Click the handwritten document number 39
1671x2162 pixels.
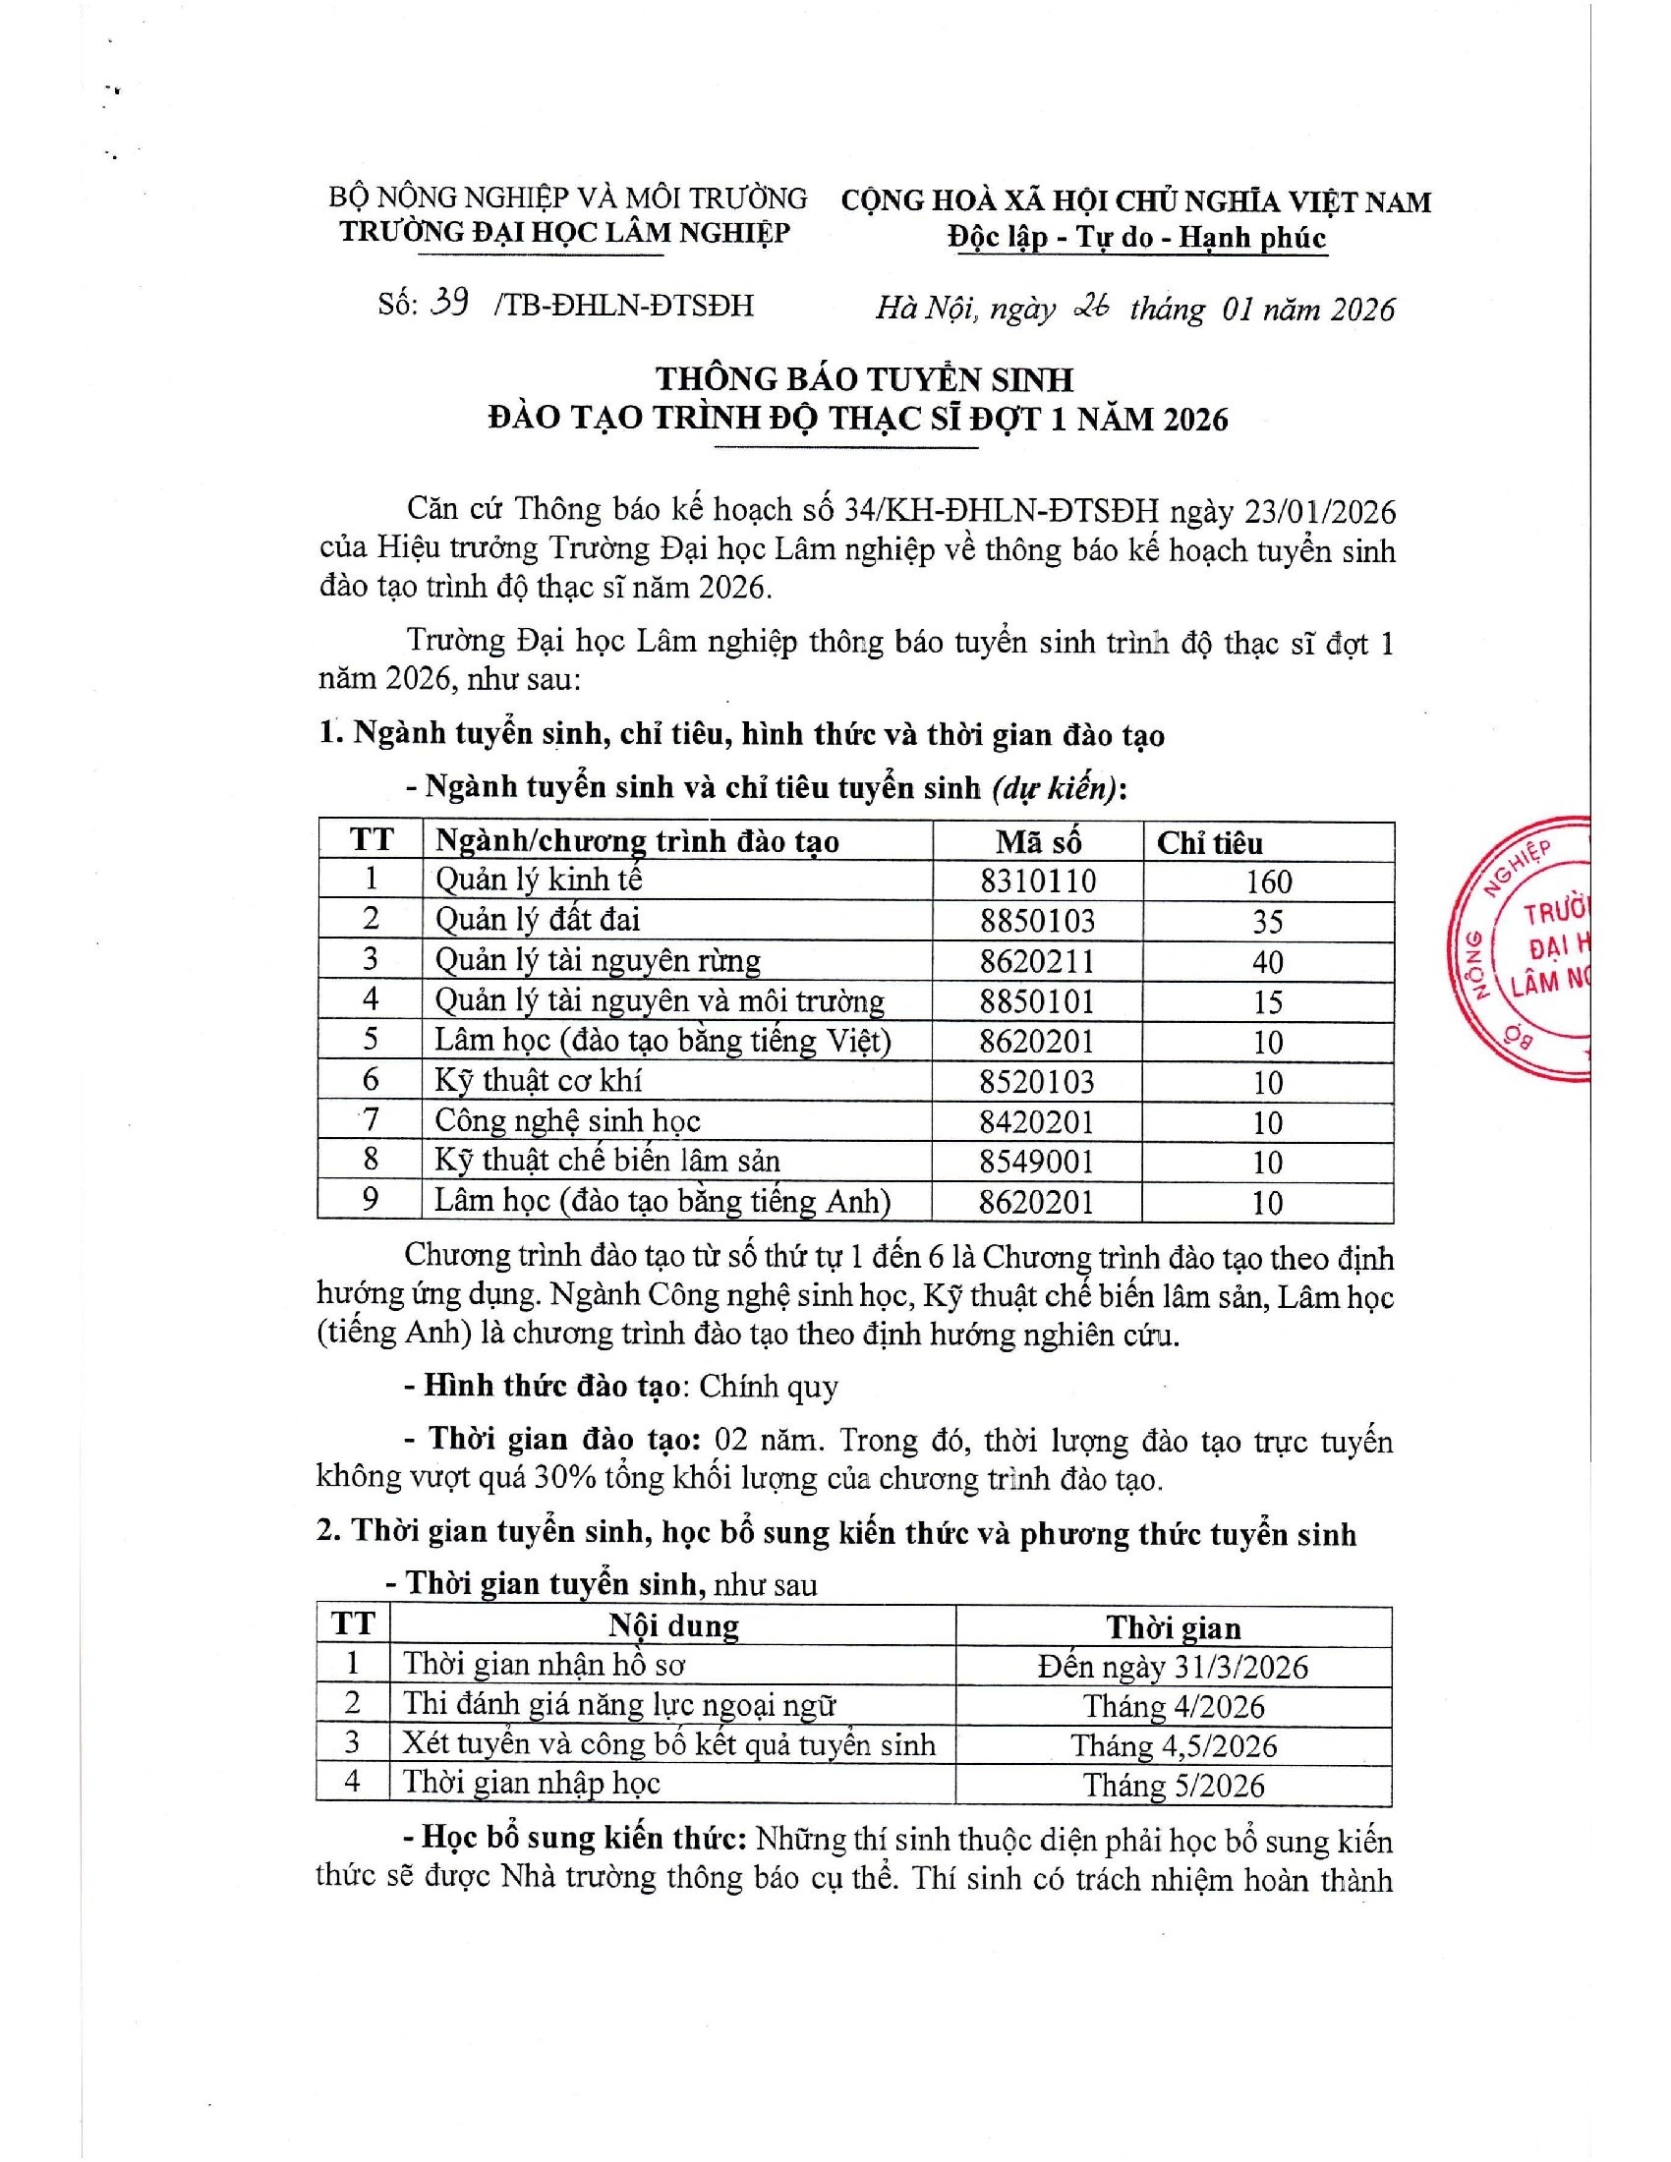pos(450,303)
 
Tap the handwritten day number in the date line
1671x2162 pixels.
pos(1088,308)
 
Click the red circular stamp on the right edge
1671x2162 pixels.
pos(1525,948)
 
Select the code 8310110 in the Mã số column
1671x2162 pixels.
pos(1037,882)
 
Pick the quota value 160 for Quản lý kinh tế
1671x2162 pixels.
pos(1268,882)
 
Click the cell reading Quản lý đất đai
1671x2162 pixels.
pos(538,920)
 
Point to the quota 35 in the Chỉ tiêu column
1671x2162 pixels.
pos(1268,922)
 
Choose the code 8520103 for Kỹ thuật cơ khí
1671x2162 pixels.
pos(1037,1081)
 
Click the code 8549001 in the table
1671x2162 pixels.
pos(1037,1162)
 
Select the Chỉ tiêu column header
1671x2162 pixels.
pos(1210,842)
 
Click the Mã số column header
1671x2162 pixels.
pos(1037,841)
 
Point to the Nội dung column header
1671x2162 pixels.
pos(673,1626)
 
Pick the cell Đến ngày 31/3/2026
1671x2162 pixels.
pos(1173,1667)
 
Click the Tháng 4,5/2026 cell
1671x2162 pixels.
pos(1173,1745)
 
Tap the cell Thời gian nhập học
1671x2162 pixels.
pos(531,1783)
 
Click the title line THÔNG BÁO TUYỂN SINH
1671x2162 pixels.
pos(864,379)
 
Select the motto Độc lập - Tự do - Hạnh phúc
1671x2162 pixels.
pos(1135,238)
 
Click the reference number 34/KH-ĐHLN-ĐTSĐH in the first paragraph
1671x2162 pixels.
pos(1001,511)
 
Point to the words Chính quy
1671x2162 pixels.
pos(769,1386)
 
